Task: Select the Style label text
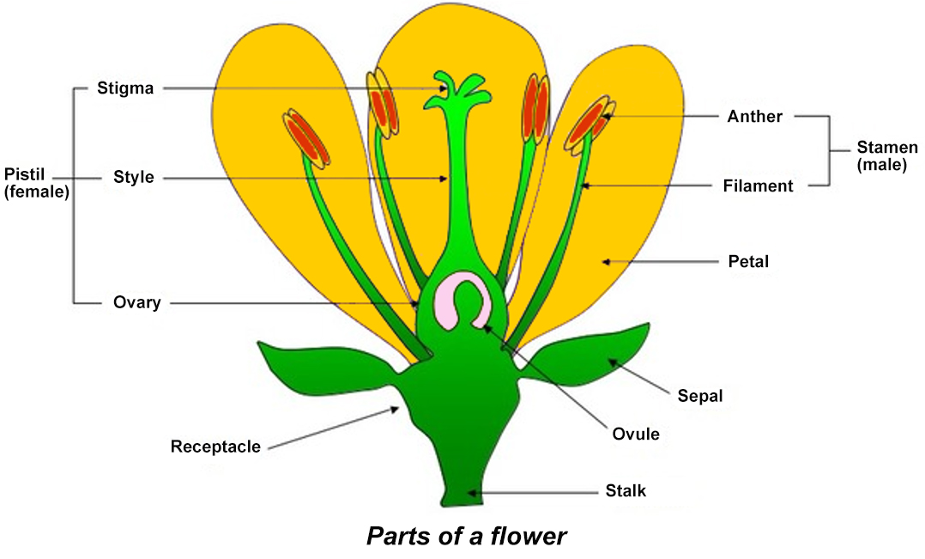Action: (133, 178)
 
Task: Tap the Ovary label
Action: (136, 302)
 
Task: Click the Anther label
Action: (754, 116)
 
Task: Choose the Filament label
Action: (758, 185)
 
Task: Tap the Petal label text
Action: (748, 261)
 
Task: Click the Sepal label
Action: (699, 396)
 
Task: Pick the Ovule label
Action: (636, 434)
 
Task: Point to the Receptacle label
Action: (215, 447)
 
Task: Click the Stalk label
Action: (625, 492)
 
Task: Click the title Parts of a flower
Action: (466, 537)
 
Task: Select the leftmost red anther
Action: (307, 137)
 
